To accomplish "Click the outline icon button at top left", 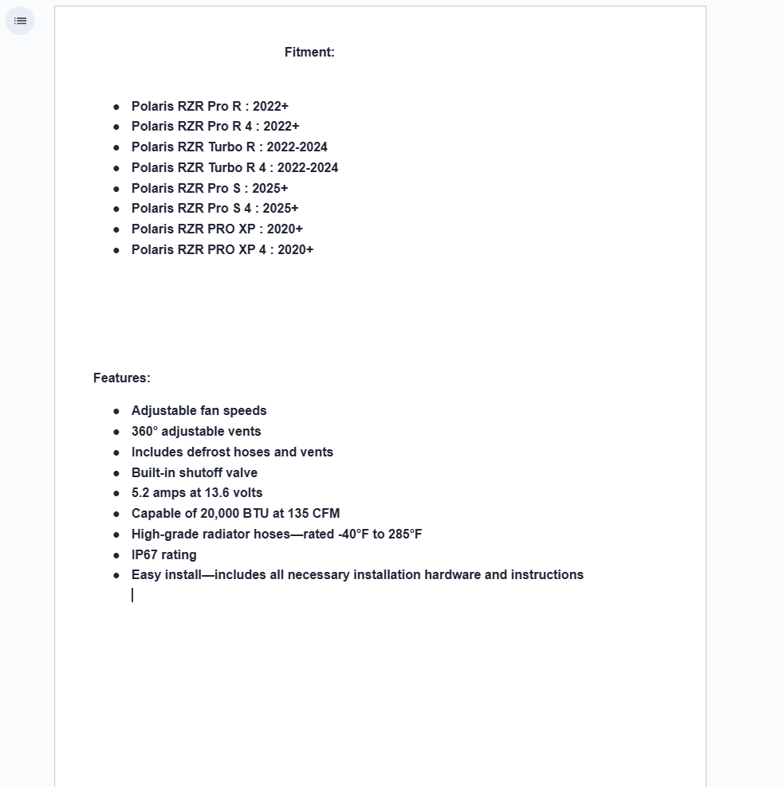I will (20, 21).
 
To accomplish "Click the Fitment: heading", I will (309, 53).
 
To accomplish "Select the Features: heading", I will (121, 378).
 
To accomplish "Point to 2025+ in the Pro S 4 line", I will (281, 209).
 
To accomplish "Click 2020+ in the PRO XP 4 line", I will (296, 250).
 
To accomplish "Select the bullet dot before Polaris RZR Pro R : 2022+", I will (116, 107).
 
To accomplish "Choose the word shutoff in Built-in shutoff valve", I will (202, 473).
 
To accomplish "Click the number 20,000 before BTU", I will (219, 514).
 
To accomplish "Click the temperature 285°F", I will (405, 534).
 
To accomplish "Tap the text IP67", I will (144, 555).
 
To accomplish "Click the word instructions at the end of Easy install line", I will (547, 575).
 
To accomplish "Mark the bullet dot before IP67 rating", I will (116, 555).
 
